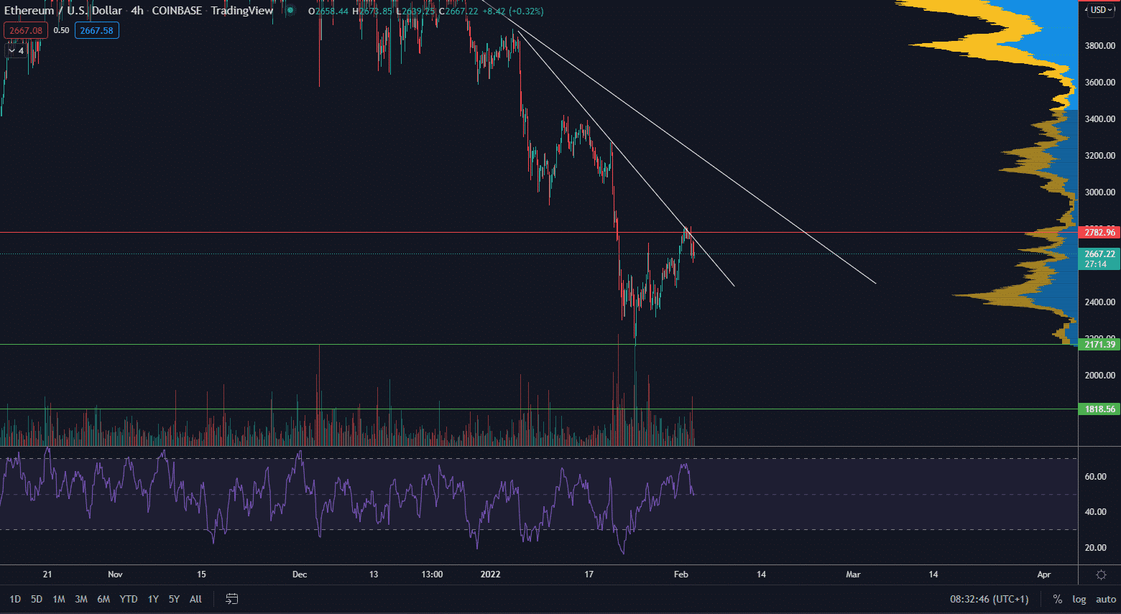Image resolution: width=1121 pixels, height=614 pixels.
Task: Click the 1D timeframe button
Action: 15,599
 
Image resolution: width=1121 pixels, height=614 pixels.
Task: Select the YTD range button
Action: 129,599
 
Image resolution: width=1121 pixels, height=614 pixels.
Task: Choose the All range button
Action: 195,599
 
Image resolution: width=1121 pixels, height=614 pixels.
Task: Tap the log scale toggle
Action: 1079,599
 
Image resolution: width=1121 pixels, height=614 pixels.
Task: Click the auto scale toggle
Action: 1106,599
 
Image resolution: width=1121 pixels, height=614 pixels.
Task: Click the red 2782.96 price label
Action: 1099,232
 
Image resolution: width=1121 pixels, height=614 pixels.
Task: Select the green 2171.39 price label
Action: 1099,345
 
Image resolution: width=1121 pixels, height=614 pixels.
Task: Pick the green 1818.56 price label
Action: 1099,409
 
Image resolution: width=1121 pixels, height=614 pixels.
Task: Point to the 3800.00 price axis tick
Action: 1099,46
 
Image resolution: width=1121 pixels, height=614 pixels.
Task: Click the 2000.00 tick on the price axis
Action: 1099,376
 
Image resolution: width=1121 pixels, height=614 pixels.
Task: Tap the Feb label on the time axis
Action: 681,575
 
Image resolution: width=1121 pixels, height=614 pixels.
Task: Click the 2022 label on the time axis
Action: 491,575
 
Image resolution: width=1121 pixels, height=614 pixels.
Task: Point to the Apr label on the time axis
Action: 1044,575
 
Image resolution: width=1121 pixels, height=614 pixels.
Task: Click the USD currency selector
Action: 1099,10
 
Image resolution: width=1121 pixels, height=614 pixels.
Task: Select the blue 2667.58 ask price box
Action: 97,30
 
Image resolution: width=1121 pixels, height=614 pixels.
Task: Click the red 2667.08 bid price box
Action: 26,30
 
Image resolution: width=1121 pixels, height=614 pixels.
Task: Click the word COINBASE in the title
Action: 177,11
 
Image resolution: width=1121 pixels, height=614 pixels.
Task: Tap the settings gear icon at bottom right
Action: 1101,575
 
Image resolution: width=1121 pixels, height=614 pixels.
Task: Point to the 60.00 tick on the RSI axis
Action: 1095,477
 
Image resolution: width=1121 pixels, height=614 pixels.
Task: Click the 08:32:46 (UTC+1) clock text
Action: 989,599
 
